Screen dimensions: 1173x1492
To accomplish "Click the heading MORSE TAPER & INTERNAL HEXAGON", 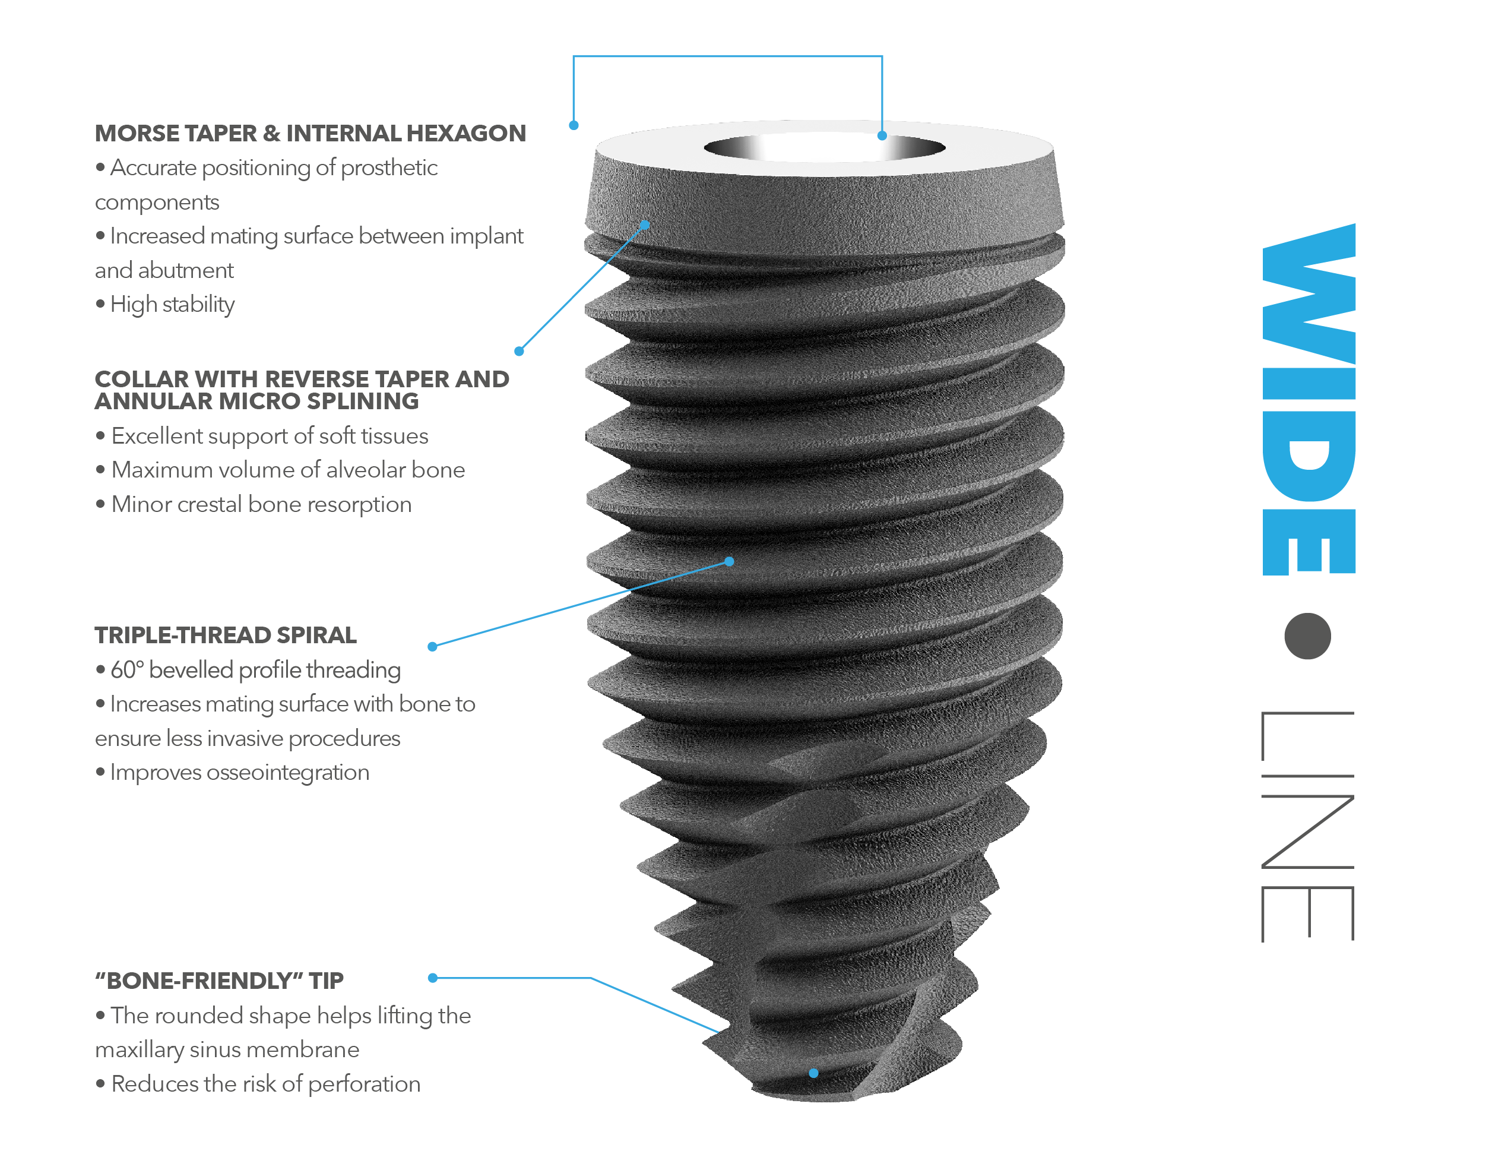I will tap(310, 133).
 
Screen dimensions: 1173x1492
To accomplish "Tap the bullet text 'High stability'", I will tap(172, 304).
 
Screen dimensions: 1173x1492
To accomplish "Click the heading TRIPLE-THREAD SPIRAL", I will tap(225, 635).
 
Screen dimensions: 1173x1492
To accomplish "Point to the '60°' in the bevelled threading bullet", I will tap(127, 669).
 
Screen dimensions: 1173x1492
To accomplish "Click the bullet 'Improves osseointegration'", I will tap(239, 773).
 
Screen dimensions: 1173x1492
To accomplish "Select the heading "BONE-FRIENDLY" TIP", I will tap(219, 981).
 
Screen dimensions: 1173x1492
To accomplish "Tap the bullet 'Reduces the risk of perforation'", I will tap(265, 1084).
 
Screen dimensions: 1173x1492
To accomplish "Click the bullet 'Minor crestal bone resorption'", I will tap(261, 505).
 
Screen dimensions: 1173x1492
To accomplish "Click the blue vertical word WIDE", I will tap(1309, 400).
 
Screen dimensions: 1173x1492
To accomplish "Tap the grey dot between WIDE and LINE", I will tap(1307, 636).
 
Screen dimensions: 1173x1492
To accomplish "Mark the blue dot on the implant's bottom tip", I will tap(813, 1073).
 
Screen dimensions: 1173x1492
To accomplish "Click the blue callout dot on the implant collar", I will tap(645, 225).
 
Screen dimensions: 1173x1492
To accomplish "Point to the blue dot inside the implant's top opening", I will tap(882, 136).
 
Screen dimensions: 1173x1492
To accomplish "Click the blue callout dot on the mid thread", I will tap(729, 562).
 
